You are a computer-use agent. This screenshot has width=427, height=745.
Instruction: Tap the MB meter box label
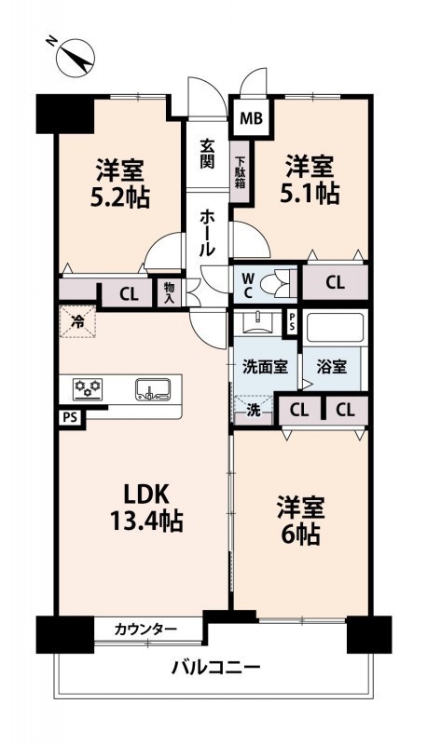click(x=251, y=118)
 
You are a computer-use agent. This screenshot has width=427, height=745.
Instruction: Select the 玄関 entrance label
click(x=207, y=154)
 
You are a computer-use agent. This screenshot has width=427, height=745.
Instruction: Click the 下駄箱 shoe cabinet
click(x=241, y=171)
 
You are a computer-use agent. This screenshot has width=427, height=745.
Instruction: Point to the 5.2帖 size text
click(x=120, y=197)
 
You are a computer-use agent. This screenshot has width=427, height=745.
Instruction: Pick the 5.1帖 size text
click(x=310, y=194)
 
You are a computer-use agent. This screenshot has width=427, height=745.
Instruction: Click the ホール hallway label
click(x=207, y=233)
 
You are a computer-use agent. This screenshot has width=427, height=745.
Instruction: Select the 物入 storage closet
click(x=170, y=292)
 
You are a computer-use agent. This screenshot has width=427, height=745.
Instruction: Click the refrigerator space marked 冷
click(x=77, y=321)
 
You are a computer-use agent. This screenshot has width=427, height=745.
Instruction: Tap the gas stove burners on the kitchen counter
click(x=87, y=389)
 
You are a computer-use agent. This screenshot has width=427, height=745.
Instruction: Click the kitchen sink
click(x=153, y=389)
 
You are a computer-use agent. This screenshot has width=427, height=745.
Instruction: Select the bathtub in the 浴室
click(x=335, y=329)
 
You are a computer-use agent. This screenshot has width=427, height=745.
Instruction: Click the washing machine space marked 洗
click(x=254, y=410)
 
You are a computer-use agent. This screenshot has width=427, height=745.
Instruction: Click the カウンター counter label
click(x=145, y=630)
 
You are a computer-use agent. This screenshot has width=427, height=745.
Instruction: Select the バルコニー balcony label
click(x=216, y=669)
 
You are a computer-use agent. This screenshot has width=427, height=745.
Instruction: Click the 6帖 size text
click(x=300, y=521)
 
